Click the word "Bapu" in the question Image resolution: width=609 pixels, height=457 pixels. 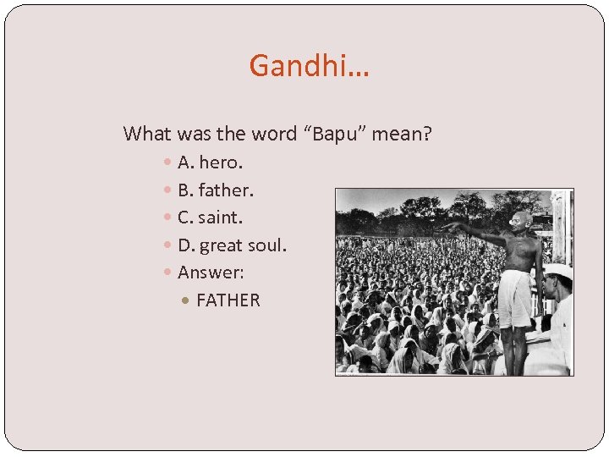tap(336, 134)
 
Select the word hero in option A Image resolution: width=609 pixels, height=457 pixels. tap(221, 162)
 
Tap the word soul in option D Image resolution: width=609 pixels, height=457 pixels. tap(267, 245)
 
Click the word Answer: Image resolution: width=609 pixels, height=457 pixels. tap(211, 273)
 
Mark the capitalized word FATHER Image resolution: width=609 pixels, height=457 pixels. tap(228, 300)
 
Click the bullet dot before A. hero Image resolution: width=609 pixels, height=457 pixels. tap(168, 162)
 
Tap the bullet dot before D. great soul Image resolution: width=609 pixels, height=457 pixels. tap(168, 246)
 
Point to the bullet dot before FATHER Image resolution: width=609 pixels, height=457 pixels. tap(187, 301)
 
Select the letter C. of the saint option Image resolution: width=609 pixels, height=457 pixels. tap(186, 217)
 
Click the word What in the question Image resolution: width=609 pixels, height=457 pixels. tap(145, 134)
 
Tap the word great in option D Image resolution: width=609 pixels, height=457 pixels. tap(221, 246)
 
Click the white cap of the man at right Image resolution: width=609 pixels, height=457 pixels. tap(558, 271)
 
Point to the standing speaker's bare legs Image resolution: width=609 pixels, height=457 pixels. tap(513, 347)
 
